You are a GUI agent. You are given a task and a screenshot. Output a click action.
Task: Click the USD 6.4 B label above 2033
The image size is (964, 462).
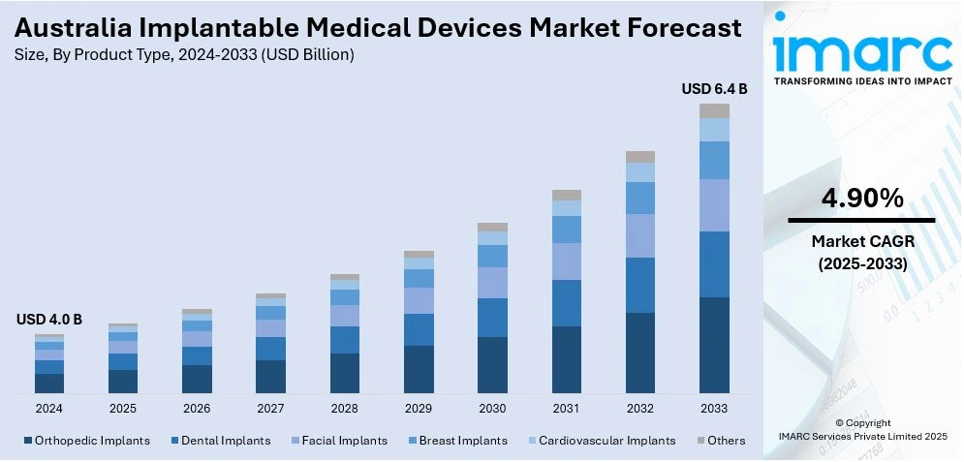714,89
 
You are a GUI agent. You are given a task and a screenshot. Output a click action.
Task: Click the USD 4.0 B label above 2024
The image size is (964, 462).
49,320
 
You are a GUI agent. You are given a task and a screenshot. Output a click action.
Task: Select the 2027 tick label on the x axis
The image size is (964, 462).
270,409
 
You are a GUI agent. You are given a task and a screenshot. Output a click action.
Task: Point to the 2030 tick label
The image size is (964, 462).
492,409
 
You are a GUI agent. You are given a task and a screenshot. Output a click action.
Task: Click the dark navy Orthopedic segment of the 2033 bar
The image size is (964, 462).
714,345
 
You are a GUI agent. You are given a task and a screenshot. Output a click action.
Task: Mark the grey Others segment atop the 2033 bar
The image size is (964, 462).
714,110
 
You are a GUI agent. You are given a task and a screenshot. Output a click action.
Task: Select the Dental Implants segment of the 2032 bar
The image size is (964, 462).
640,285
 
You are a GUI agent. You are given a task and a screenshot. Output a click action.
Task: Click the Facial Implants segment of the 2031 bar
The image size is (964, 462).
567,262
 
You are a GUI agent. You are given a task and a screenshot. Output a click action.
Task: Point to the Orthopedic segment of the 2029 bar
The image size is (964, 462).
419,369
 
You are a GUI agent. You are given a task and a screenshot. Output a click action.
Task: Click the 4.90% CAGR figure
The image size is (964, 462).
862,199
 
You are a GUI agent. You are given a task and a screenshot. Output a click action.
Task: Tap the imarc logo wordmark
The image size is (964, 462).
862,48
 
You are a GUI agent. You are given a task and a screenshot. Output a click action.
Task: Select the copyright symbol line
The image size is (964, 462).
862,422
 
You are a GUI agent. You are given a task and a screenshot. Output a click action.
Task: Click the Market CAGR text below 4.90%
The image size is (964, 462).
862,240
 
